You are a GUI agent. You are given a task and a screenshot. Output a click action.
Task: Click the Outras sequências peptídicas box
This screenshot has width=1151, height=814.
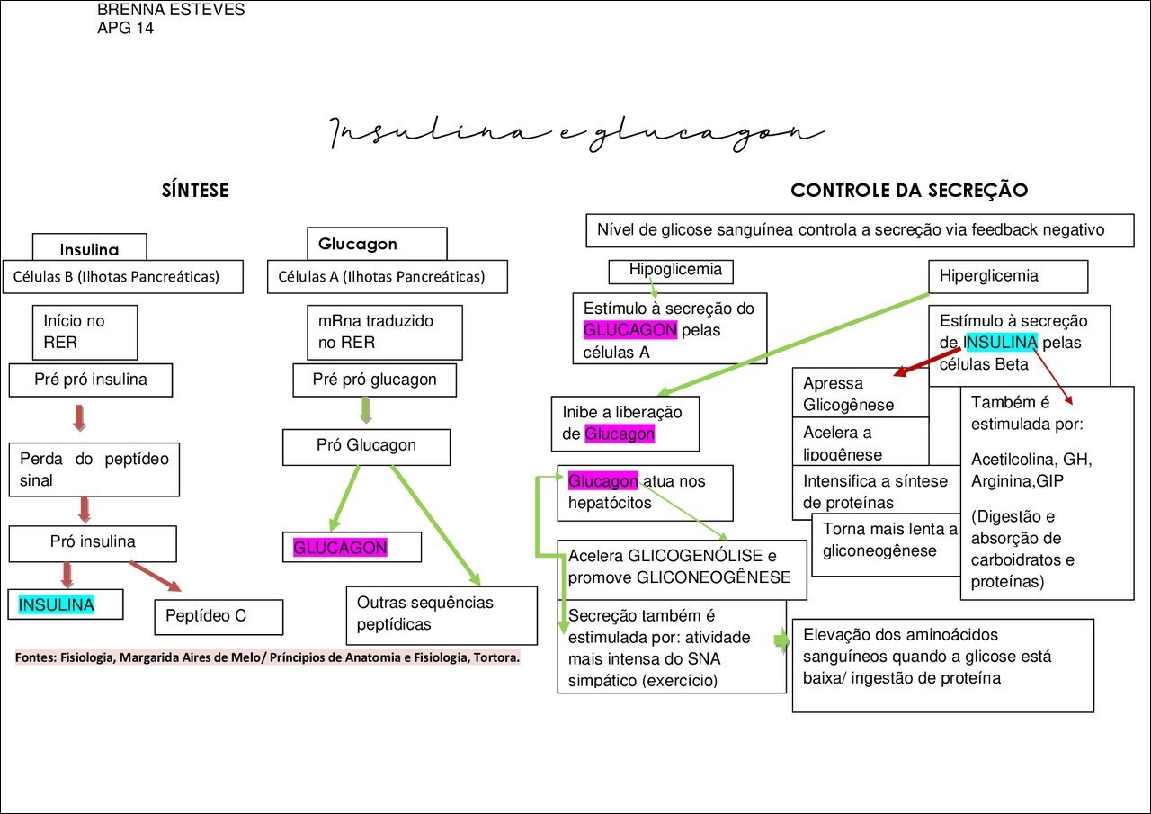click(442, 614)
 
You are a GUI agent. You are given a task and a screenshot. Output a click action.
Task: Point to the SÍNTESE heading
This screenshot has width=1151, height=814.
click(195, 191)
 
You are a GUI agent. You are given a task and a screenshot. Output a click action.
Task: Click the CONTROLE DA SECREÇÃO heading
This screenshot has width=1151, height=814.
click(909, 191)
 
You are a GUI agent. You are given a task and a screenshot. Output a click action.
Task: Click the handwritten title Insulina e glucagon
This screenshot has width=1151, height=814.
click(575, 133)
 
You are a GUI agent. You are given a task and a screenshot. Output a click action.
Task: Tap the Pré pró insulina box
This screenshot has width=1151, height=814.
click(91, 380)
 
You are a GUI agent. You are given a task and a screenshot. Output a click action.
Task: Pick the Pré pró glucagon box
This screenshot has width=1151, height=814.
click(375, 380)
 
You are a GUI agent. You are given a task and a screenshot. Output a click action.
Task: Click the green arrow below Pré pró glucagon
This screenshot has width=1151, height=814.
click(365, 410)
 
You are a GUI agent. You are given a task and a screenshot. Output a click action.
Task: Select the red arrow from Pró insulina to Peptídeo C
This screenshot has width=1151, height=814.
click(154, 576)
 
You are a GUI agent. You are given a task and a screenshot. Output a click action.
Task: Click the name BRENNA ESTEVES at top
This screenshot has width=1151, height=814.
click(171, 11)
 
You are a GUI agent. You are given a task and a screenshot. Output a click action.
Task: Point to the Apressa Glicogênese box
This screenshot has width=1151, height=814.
click(860, 393)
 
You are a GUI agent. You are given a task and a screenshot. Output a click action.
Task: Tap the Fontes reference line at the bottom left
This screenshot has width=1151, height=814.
click(268, 657)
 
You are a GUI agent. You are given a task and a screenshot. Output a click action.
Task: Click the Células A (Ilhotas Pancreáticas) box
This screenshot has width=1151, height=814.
click(388, 277)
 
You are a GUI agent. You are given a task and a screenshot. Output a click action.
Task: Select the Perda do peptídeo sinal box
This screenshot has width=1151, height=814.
click(94, 469)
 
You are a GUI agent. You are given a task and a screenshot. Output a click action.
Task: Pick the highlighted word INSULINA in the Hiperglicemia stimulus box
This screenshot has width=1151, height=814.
click(1001, 343)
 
